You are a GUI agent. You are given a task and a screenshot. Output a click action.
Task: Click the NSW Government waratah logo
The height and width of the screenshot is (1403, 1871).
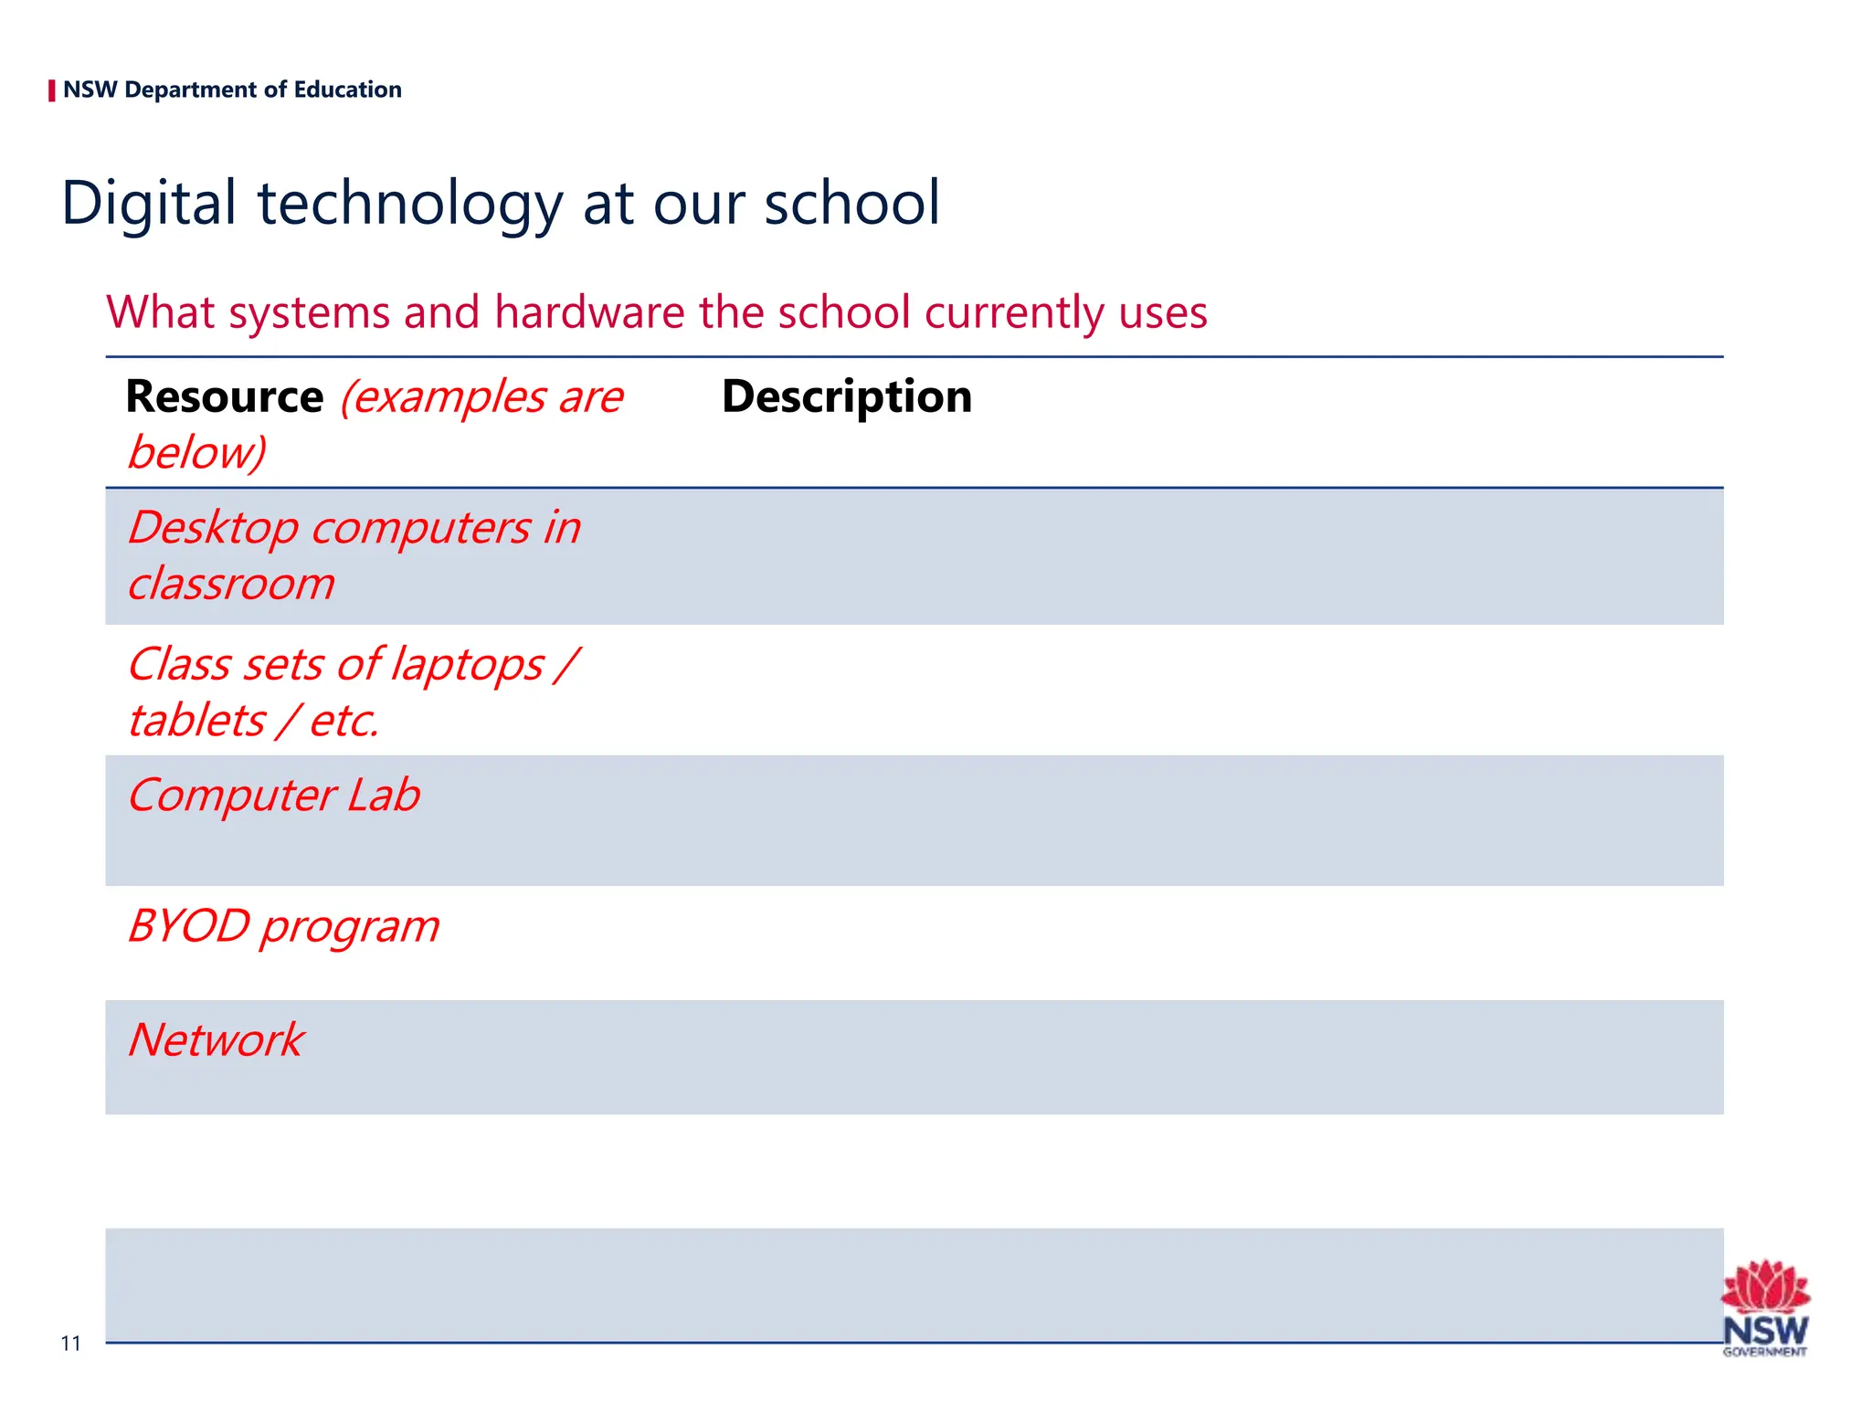point(1764,1307)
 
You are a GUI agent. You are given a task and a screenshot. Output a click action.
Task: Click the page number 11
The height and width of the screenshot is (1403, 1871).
point(70,1343)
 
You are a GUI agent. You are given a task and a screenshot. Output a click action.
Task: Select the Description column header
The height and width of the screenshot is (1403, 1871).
point(846,397)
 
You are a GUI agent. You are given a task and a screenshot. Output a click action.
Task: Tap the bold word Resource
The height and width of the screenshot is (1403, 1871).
point(225,397)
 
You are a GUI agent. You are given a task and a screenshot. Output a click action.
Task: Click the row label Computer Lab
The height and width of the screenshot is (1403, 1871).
point(274,796)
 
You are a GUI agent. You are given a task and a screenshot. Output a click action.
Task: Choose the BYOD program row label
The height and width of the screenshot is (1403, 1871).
point(283,927)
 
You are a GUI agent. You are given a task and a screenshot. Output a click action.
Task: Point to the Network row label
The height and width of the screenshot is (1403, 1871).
point(216,1040)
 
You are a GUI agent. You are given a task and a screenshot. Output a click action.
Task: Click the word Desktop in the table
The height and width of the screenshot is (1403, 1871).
point(213,529)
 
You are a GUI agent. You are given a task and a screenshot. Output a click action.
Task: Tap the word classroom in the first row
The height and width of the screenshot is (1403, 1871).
point(231,585)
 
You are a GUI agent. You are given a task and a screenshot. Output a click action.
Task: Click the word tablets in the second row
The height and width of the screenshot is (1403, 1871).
point(196,722)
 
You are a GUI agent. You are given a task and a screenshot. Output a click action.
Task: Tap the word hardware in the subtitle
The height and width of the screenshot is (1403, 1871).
point(590,312)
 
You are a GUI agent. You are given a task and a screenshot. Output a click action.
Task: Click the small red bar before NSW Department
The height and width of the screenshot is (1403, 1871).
point(52,90)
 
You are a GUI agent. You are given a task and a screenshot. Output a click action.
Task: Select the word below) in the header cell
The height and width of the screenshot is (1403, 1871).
point(196,453)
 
